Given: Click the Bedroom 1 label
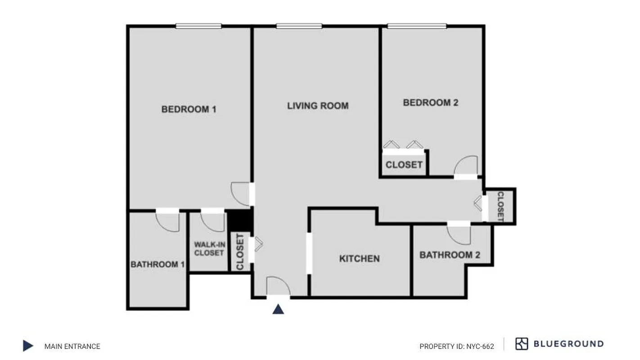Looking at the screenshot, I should point(189,109).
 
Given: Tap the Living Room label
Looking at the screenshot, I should point(318,106).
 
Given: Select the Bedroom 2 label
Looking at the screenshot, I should point(431,103).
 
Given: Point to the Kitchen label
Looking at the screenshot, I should point(359,258).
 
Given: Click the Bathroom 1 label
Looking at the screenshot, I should point(158,264).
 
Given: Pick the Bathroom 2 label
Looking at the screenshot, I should point(450,255).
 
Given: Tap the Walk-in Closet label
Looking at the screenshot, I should point(209,249).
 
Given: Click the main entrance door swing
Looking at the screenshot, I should point(278,287).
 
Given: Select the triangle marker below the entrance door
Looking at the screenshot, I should point(278,309).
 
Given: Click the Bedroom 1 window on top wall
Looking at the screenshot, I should point(198,26).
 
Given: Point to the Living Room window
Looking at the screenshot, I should point(299,26).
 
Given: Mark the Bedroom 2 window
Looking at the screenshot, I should point(417,26).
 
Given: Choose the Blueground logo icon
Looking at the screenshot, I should point(522,344).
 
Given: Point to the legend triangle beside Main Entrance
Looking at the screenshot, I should point(28,346).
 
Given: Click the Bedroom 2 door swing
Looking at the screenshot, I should point(465,166).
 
